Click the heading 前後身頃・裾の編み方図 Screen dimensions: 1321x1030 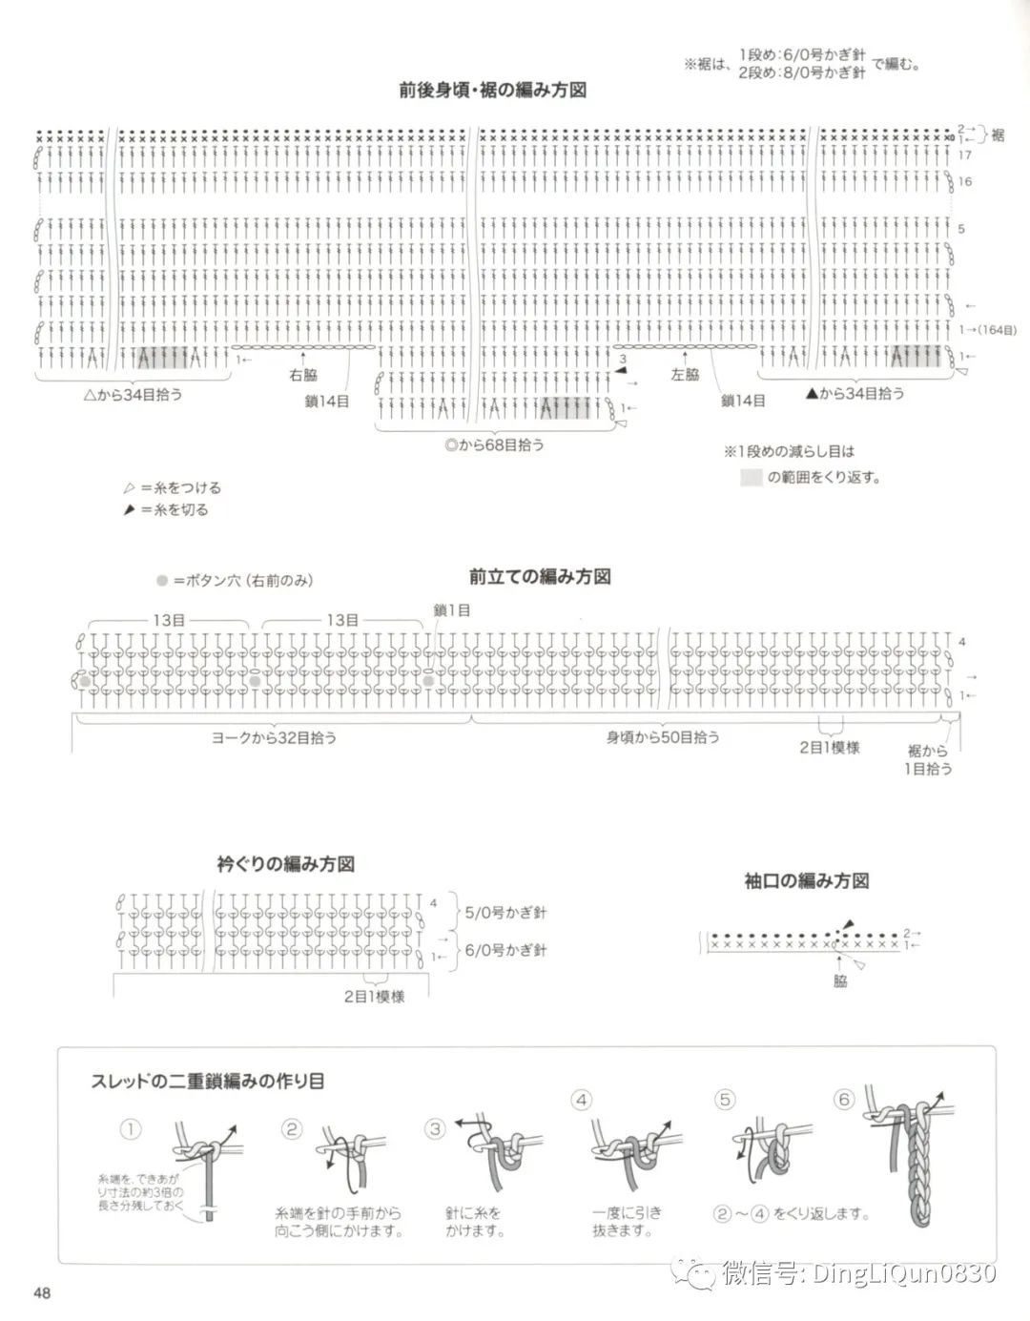coord(492,91)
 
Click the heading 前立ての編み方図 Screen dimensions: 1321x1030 coord(540,577)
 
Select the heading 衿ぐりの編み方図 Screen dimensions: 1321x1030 coord(286,864)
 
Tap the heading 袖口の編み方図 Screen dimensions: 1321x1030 coord(807,880)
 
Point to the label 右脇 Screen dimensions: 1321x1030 coord(303,375)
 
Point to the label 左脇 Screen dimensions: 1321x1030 coord(685,375)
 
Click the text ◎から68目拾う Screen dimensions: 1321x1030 coord(494,444)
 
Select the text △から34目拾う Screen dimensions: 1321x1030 coord(133,394)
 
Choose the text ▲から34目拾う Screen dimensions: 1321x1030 coord(855,393)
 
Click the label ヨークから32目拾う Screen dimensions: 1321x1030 coord(274,737)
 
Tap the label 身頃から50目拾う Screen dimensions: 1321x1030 coord(663,737)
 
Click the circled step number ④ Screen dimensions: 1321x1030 coord(582,1100)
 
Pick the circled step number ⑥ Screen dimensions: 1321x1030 coord(843,1100)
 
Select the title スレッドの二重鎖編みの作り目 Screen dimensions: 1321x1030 coord(207,1081)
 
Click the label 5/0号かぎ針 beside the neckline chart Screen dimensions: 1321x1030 coord(505,913)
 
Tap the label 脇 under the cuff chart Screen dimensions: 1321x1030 coord(840,980)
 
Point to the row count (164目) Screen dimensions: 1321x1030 coord(997,330)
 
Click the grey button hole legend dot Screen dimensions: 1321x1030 coord(163,580)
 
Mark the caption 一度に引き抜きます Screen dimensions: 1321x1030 coord(627,1222)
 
